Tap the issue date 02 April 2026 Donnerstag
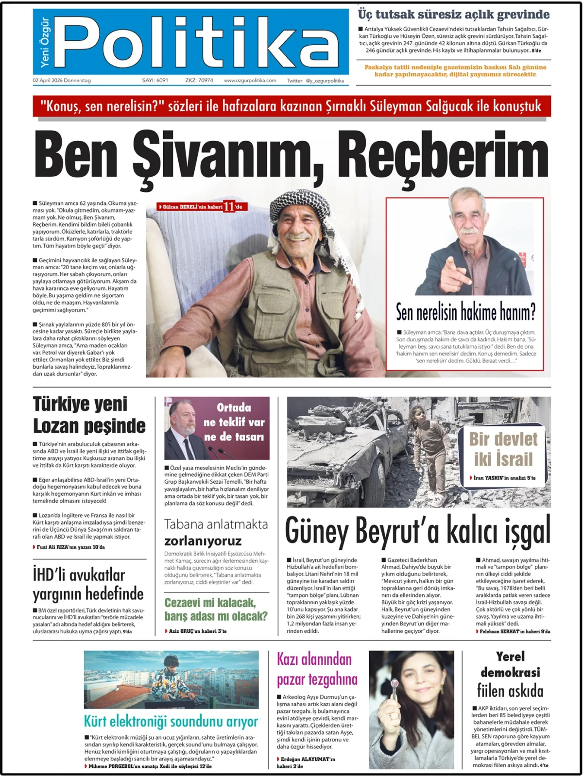pos(62,81)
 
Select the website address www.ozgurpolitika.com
pos(250,81)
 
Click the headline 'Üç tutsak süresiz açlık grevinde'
pos(454,15)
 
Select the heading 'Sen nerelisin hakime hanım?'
pos(465,312)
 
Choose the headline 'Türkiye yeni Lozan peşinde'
pos(89,415)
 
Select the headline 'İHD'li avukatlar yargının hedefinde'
pos(88,584)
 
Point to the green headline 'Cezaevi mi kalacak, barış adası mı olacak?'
pos(216,609)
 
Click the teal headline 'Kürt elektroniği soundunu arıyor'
pos(171,721)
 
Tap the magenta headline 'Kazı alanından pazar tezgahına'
pos(317,669)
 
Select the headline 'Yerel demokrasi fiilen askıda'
pos(510,674)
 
